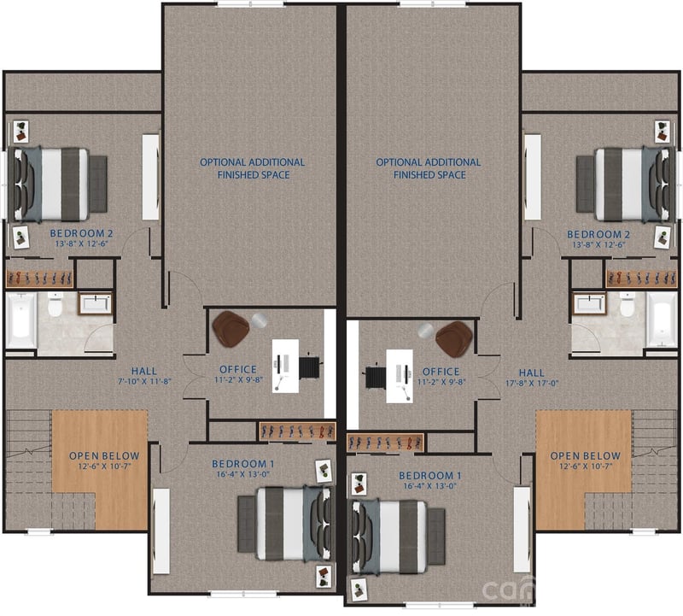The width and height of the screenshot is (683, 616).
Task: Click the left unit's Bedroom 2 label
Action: pyautogui.click(x=82, y=232)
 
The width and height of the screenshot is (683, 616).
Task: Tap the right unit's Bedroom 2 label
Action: pyautogui.click(x=598, y=234)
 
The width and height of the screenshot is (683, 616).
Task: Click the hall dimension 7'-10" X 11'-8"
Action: pyautogui.click(x=144, y=381)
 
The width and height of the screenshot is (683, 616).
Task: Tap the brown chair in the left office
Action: pyautogui.click(x=231, y=328)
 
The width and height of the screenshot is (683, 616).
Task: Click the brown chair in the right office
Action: pyautogui.click(x=453, y=338)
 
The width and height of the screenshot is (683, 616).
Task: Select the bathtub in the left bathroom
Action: pyautogui.click(x=20, y=320)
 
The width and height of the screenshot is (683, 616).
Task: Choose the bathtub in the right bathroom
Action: pyautogui.click(x=661, y=320)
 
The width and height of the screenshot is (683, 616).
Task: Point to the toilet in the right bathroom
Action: pyautogui.click(x=627, y=305)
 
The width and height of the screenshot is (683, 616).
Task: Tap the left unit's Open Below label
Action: pyautogui.click(x=104, y=455)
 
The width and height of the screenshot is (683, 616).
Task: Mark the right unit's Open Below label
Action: pyautogui.click(x=585, y=455)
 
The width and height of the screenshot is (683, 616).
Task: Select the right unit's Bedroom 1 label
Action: pyautogui.click(x=430, y=475)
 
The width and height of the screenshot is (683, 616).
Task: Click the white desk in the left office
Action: pyautogui.click(x=285, y=366)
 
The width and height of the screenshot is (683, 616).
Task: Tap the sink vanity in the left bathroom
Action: pyautogui.click(x=95, y=303)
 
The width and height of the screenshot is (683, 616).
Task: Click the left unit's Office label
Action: pyautogui.click(x=239, y=371)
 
